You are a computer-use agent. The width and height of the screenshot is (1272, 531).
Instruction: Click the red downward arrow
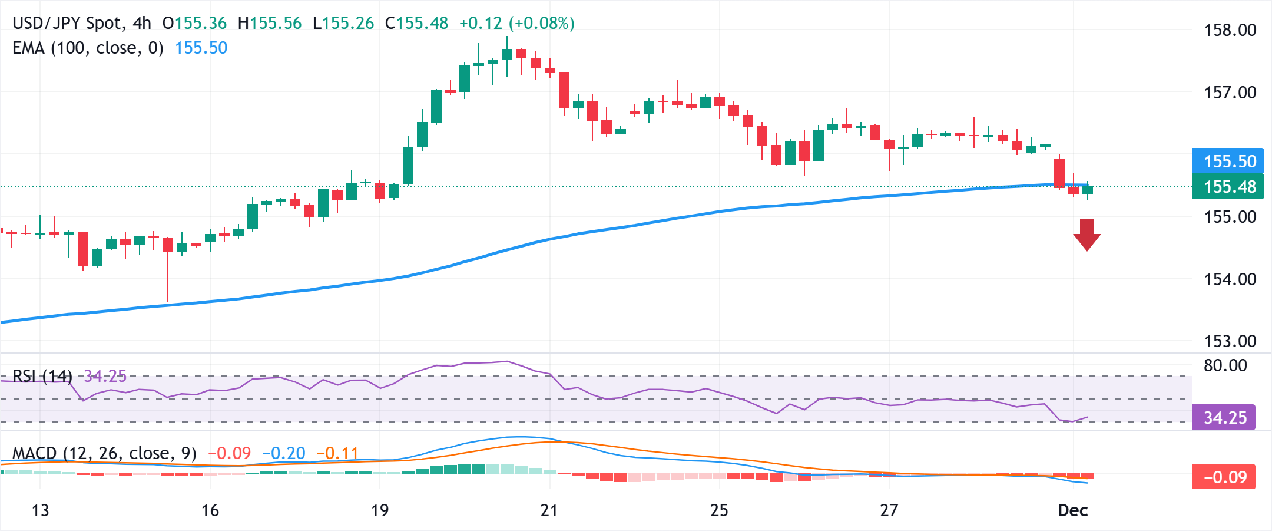click(1086, 235)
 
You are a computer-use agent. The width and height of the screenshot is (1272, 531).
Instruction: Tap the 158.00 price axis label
click(1230, 30)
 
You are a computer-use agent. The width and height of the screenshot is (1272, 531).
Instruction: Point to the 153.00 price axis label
click(1230, 341)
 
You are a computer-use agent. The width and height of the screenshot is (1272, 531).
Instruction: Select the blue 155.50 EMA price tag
click(1228, 161)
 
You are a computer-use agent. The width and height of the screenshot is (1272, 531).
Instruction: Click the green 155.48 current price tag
click(1228, 187)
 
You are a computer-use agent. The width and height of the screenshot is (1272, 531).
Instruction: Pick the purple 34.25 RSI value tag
click(1224, 417)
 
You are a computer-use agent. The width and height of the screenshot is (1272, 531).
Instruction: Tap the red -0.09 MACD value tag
click(1224, 477)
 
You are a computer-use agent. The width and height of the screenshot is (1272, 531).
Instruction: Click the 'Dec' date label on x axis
click(1072, 510)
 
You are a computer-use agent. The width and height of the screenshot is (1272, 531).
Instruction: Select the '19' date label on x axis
click(380, 510)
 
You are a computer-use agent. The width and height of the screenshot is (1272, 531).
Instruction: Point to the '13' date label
click(40, 510)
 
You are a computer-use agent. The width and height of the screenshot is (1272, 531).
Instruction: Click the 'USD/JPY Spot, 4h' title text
click(82, 24)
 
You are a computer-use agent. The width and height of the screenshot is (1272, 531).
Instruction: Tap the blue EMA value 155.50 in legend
click(201, 48)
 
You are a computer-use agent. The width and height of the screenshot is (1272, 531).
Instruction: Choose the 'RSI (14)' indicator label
click(42, 376)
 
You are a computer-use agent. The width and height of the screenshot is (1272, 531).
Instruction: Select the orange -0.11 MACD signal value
click(337, 453)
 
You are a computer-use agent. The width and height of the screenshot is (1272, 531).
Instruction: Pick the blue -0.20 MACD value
click(284, 453)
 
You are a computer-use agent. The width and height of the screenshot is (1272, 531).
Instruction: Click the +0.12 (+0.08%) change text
click(516, 24)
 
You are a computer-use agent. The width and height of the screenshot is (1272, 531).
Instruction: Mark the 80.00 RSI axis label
click(1225, 365)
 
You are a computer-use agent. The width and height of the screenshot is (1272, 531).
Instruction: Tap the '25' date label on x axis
click(719, 510)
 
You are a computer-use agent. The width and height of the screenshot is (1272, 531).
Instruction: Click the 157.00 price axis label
click(1230, 93)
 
